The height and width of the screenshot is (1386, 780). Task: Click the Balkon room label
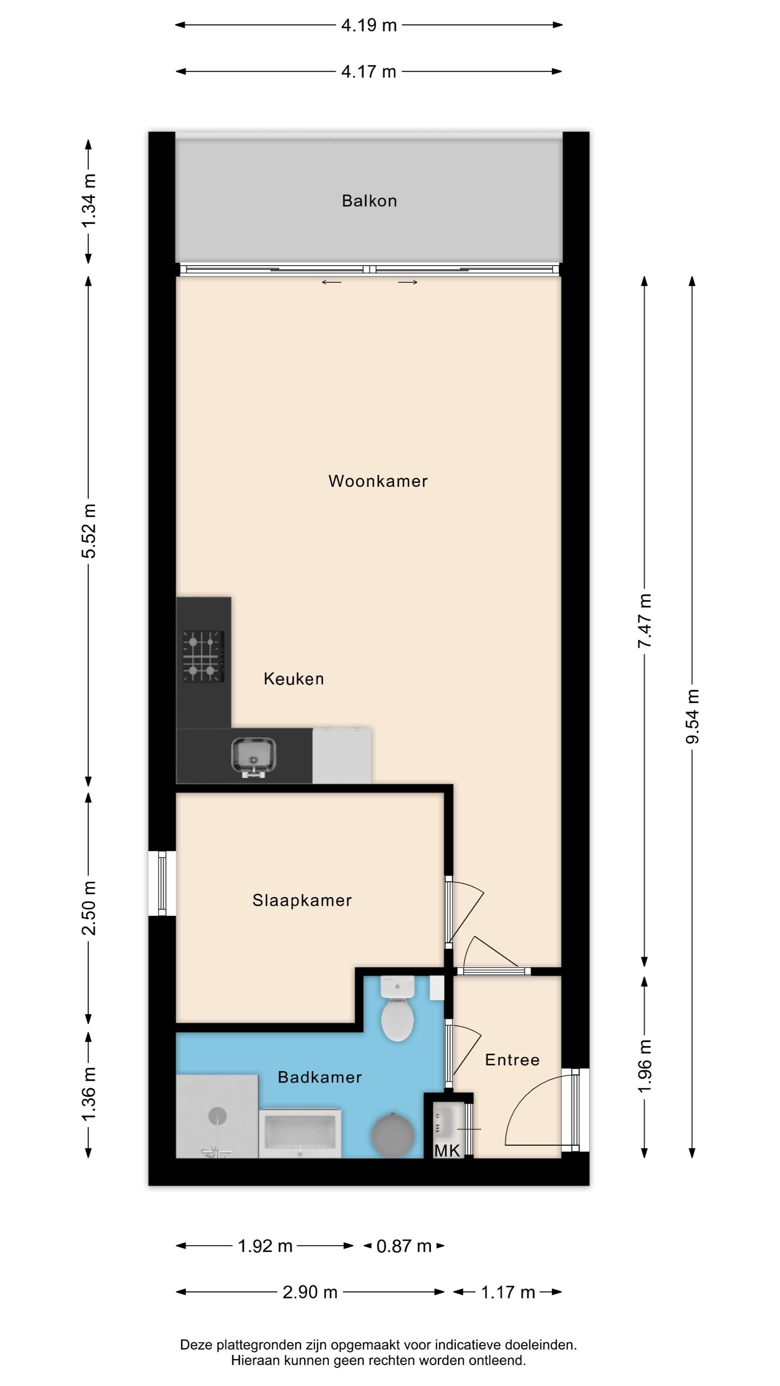(x=369, y=201)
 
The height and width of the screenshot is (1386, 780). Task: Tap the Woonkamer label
(x=378, y=481)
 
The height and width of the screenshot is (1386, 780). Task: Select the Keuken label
(x=294, y=679)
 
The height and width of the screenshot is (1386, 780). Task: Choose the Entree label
(x=512, y=1059)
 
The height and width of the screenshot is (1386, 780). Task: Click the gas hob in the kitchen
(x=203, y=657)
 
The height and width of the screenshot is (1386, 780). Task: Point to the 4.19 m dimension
(x=369, y=25)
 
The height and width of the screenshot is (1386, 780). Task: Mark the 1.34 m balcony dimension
(x=89, y=200)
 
